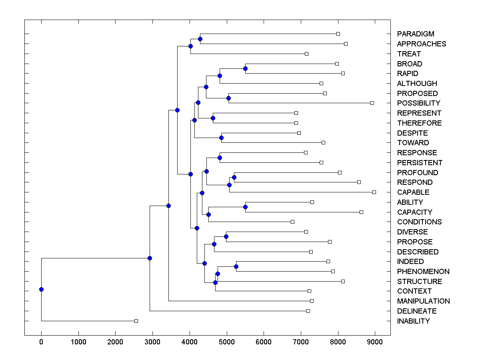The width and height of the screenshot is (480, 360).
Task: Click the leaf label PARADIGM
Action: [416, 34]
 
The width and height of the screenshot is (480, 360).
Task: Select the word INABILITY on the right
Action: [413, 321]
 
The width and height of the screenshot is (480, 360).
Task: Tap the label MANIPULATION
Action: [423, 301]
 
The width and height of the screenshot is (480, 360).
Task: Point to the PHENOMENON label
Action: [423, 272]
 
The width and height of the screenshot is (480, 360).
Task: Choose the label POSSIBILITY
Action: [418, 103]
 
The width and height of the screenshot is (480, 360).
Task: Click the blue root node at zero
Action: [41, 289]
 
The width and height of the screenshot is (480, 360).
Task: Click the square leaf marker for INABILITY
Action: [136, 321]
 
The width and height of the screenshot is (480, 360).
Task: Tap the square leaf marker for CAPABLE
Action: [374, 192]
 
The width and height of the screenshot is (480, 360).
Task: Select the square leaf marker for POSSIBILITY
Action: [372, 103]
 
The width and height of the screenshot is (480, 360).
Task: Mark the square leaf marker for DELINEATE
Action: [308, 311]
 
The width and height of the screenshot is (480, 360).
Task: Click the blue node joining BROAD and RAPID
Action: [245, 69]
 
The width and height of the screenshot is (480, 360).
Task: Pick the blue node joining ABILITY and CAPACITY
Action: [245, 207]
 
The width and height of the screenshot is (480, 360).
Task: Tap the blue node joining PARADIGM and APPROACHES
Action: [200, 39]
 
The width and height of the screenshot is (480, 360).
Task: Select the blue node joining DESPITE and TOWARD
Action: [221, 138]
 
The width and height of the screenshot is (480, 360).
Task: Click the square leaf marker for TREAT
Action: [306, 54]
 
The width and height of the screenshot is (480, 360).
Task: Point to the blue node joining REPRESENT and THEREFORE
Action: [213, 118]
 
